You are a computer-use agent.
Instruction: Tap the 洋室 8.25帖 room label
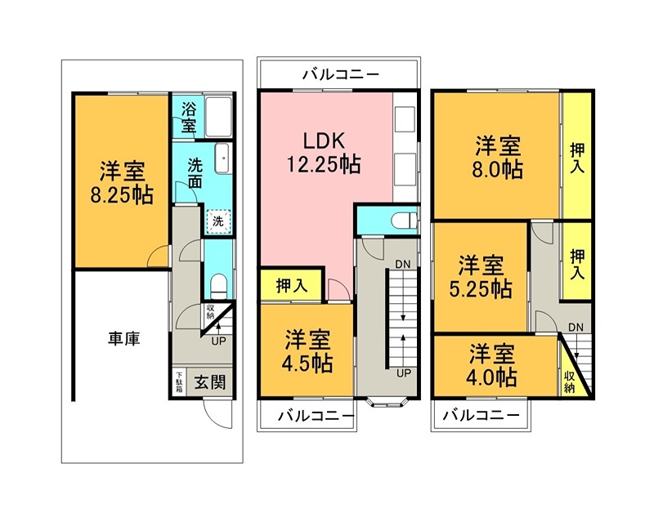123,184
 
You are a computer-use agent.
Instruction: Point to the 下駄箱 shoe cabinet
178,382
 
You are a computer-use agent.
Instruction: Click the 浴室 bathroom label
189,118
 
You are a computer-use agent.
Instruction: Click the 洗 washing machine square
218,221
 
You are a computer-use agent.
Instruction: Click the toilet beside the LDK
401,220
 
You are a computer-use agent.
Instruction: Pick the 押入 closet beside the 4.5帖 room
292,286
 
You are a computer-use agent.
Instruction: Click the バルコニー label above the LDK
340,74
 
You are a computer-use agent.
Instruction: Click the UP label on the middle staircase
403,373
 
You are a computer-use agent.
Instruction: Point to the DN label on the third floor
576,328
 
